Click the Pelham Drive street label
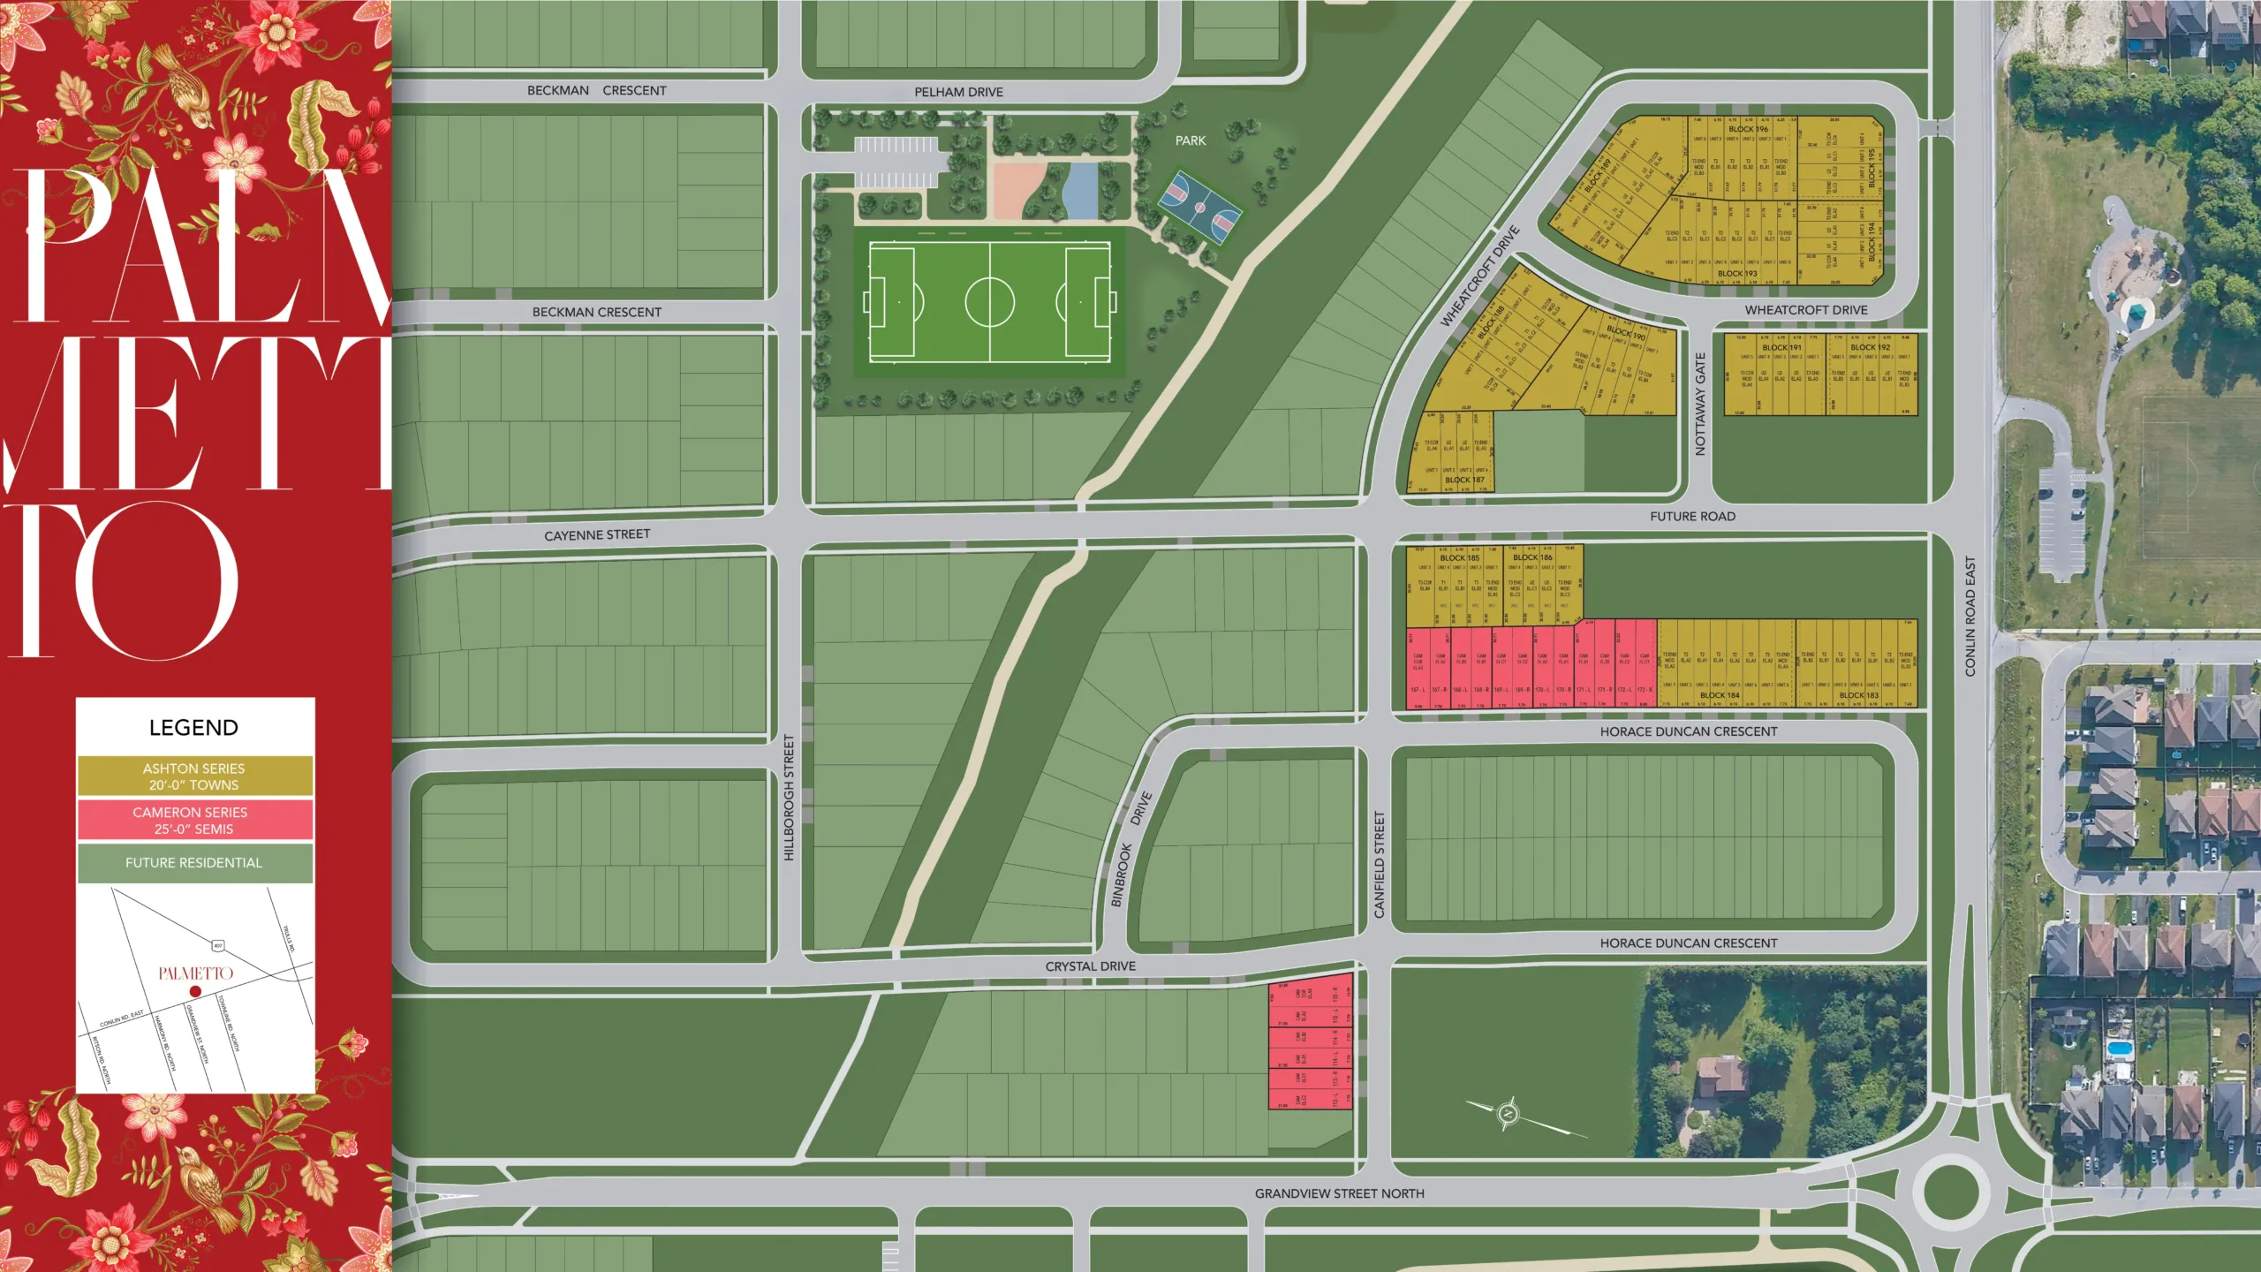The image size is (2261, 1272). click(x=958, y=92)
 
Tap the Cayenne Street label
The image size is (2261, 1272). click(x=597, y=535)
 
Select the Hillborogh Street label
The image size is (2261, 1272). click(x=790, y=798)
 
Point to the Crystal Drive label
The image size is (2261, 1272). click(x=1091, y=966)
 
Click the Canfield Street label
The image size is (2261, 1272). click(x=1380, y=865)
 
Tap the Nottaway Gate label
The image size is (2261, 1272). click(x=1700, y=405)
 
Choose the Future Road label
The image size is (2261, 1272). click(x=1692, y=517)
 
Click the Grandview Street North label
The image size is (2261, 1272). click(x=1340, y=1193)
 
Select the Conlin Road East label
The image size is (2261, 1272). click(x=1970, y=617)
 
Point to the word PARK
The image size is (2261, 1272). click(x=1191, y=140)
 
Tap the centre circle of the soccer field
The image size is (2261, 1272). click(x=989, y=302)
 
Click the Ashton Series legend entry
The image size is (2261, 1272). click(x=194, y=776)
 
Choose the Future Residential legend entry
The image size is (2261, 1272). click(x=194, y=863)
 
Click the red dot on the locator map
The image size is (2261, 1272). click(x=195, y=992)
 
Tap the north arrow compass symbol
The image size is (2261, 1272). click(x=1508, y=1113)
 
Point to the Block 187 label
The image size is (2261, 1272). click(x=1464, y=480)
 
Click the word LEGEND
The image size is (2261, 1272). click(x=193, y=728)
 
